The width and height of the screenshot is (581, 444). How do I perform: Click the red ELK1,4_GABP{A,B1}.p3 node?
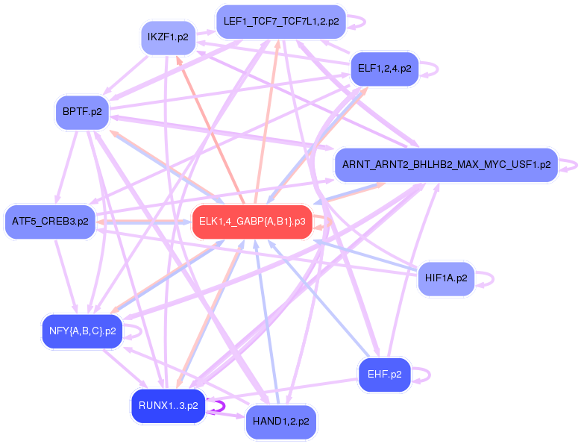252,222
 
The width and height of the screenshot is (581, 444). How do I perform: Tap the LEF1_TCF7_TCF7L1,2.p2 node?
281,22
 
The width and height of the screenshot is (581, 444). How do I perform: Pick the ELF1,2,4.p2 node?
384,68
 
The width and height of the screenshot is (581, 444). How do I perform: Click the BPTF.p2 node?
82,112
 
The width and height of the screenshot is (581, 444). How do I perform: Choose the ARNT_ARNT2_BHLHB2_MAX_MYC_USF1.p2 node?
446,164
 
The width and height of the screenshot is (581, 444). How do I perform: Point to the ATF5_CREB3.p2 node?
50,221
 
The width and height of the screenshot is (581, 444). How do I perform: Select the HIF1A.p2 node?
445,278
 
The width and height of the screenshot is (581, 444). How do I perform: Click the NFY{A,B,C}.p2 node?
82,331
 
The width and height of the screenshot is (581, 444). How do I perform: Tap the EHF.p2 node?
384,375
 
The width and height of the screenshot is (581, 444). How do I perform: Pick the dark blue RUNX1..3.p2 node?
168,406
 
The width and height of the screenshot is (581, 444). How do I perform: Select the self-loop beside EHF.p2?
426,375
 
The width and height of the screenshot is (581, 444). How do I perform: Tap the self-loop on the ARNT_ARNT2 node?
573,164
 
